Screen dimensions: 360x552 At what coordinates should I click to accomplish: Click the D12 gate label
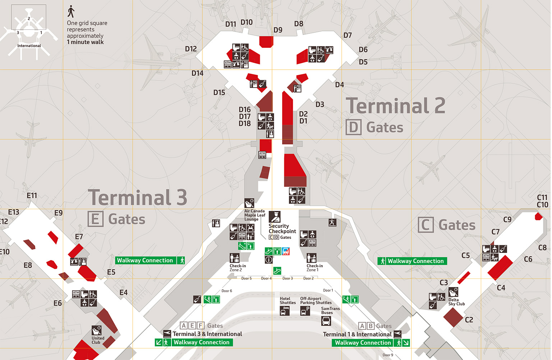(x=191, y=49)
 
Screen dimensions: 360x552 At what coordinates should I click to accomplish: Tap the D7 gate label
(x=348, y=35)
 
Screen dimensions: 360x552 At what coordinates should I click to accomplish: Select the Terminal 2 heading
(x=395, y=106)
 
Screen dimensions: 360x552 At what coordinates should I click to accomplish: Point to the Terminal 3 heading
(x=138, y=197)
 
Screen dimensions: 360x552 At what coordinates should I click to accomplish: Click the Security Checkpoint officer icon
(x=275, y=217)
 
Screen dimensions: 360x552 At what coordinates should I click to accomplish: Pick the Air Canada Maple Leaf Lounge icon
(x=249, y=203)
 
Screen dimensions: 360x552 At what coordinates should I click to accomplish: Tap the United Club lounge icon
(x=97, y=330)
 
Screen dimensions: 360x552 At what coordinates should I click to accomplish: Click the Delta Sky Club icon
(x=453, y=292)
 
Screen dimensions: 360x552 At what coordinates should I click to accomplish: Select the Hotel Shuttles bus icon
(x=285, y=311)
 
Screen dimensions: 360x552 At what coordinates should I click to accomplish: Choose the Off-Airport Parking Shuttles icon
(x=305, y=311)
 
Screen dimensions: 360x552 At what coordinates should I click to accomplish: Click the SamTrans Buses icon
(x=326, y=320)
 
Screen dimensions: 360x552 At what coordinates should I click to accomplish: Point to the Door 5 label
(x=246, y=278)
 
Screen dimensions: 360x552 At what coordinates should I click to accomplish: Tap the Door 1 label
(x=328, y=290)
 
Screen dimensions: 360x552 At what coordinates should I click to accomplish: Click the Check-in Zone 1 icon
(x=311, y=258)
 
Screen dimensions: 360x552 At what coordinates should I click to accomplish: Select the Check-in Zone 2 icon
(x=234, y=258)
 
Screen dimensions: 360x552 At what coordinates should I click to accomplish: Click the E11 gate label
(x=32, y=195)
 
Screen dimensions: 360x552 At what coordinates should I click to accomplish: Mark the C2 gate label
(x=469, y=320)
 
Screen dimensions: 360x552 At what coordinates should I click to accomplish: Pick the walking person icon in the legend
(x=71, y=11)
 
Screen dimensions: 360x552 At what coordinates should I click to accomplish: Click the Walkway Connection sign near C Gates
(x=412, y=261)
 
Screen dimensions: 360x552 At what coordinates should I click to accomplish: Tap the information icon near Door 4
(x=268, y=260)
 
